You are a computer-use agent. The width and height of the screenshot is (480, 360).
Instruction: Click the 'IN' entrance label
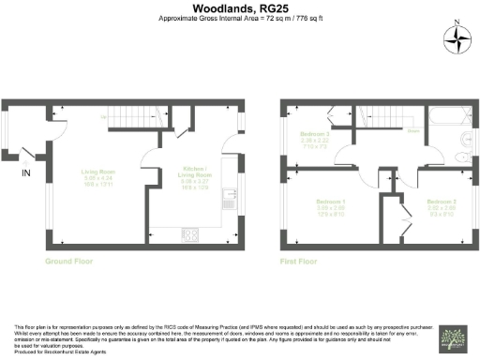tap(26, 173)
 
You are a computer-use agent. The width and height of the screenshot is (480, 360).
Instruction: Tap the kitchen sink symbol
tap(228, 199)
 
